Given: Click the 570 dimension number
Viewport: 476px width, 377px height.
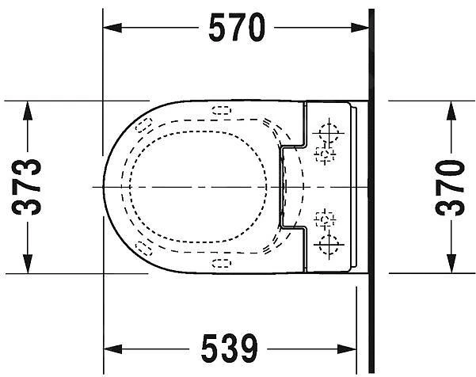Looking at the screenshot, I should tap(235, 29).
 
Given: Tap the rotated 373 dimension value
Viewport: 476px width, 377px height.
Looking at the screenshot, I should tap(29, 187).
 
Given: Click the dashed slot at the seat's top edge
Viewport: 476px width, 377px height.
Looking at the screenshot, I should tap(221, 110).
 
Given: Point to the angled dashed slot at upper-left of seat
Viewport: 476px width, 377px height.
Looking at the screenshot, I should tap(143, 124).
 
